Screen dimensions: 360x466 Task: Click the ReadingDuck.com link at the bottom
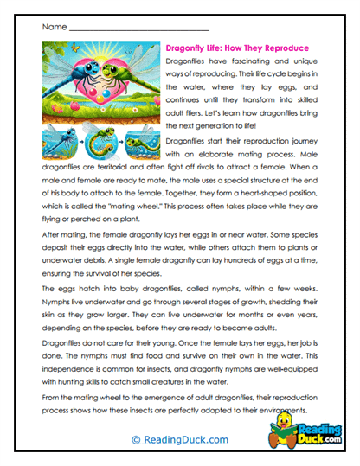click(x=179, y=440)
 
